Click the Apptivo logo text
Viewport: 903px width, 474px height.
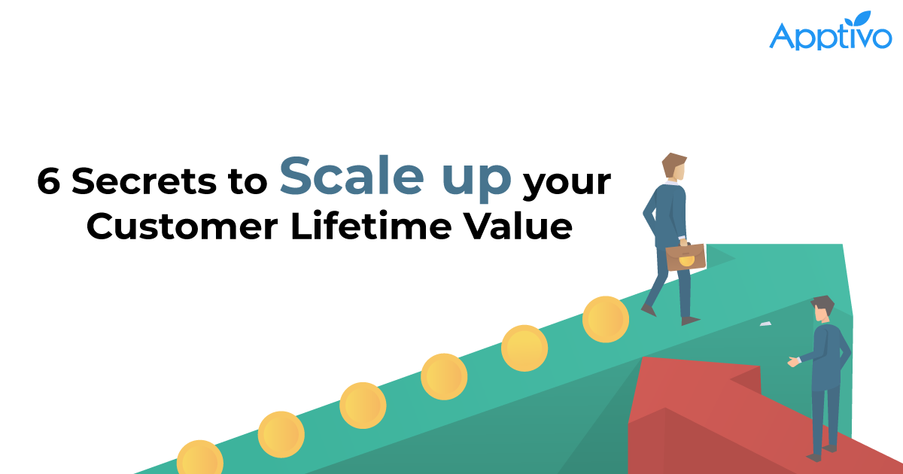(831, 37)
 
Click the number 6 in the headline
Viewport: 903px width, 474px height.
(49, 182)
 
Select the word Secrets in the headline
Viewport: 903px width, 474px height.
(144, 181)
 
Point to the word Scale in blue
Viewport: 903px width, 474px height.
(351, 175)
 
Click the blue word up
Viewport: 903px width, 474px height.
(476, 181)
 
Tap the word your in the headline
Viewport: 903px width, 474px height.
(567, 184)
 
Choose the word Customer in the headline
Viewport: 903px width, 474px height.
(182, 226)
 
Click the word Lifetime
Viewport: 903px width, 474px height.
(371, 225)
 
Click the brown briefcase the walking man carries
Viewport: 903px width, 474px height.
(686, 257)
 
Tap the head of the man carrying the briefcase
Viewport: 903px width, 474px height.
(674, 167)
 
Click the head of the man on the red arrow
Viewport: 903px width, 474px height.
(822, 308)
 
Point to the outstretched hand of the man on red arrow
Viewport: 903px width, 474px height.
(793, 362)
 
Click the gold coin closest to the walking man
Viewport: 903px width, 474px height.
(606, 319)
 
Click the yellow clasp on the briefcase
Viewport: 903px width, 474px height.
(686, 261)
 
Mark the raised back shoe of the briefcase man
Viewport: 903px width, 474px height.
(648, 310)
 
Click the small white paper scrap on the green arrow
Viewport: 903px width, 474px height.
(765, 324)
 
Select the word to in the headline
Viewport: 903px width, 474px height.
(248, 182)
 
